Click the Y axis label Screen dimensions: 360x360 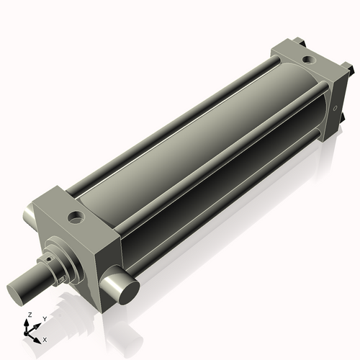click(45, 318)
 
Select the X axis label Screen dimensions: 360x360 click(45, 338)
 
